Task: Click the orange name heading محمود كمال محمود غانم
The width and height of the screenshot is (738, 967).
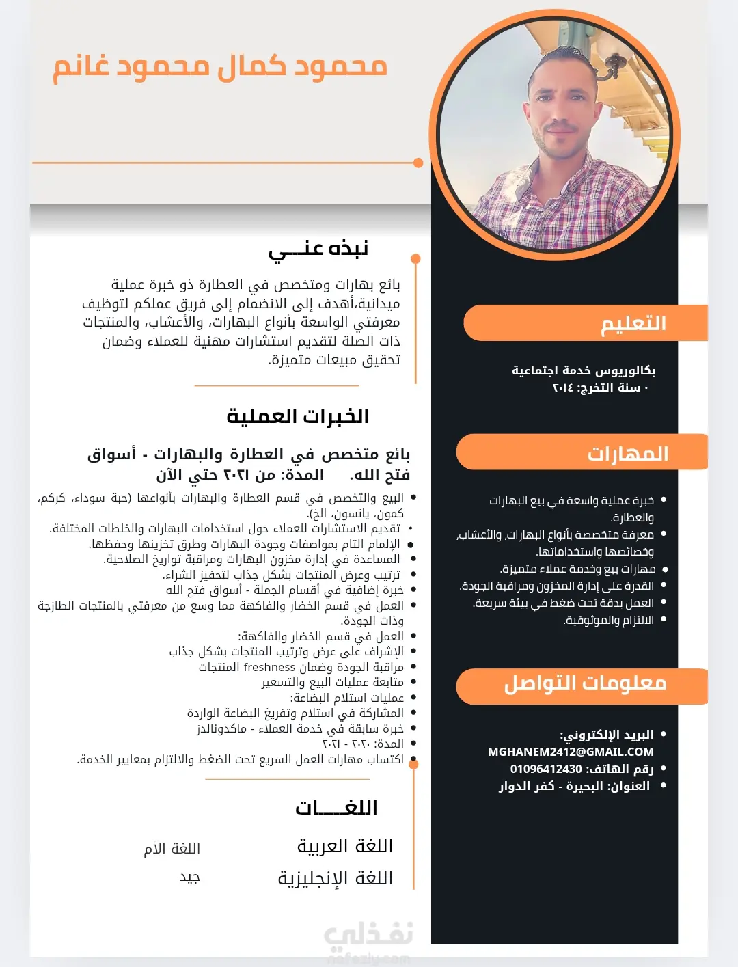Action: (x=220, y=67)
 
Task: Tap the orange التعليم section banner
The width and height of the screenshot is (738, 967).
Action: (x=586, y=323)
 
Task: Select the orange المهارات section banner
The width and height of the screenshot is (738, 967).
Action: (x=582, y=453)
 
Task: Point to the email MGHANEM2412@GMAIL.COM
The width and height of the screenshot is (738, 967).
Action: (x=571, y=752)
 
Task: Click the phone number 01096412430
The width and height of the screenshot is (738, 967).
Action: (x=546, y=769)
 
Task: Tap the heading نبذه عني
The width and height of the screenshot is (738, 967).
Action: (x=318, y=249)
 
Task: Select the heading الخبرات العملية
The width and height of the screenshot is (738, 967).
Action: (x=298, y=416)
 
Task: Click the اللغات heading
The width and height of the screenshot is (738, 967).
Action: (x=336, y=808)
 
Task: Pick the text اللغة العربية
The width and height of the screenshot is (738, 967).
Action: (x=345, y=846)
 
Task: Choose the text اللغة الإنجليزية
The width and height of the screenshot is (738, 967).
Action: (x=336, y=878)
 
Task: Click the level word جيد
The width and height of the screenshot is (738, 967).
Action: (x=189, y=877)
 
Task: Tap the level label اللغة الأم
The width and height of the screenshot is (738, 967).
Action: (x=172, y=849)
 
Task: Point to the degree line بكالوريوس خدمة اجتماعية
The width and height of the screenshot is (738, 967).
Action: (x=584, y=370)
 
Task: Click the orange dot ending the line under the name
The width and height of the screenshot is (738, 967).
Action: (x=418, y=163)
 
